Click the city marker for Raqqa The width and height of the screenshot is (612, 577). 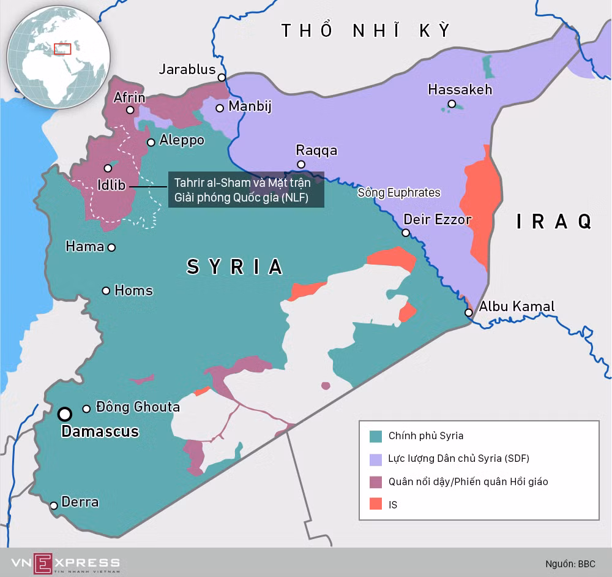point(301,164)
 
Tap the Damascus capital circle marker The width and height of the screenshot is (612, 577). point(64,415)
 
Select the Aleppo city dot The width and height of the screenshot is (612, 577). point(151,142)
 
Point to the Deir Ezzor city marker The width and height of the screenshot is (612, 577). point(405,233)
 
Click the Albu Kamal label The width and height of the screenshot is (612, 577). point(517,306)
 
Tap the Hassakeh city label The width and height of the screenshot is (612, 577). point(460,89)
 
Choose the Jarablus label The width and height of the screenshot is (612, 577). point(187,69)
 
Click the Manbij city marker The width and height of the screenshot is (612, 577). point(219,108)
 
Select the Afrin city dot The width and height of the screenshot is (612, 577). point(130,110)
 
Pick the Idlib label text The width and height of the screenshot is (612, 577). point(112,184)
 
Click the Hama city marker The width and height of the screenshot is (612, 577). point(111,247)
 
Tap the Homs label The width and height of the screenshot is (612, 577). point(133,290)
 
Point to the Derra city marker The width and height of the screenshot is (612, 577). point(54,505)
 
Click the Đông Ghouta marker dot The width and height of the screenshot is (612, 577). point(87,409)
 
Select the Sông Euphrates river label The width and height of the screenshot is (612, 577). point(399,193)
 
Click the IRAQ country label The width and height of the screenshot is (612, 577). point(554,221)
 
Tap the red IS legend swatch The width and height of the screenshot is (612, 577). point(376,505)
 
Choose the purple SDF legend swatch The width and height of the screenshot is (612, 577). point(376,459)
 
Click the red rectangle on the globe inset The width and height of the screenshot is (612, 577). point(62,49)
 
